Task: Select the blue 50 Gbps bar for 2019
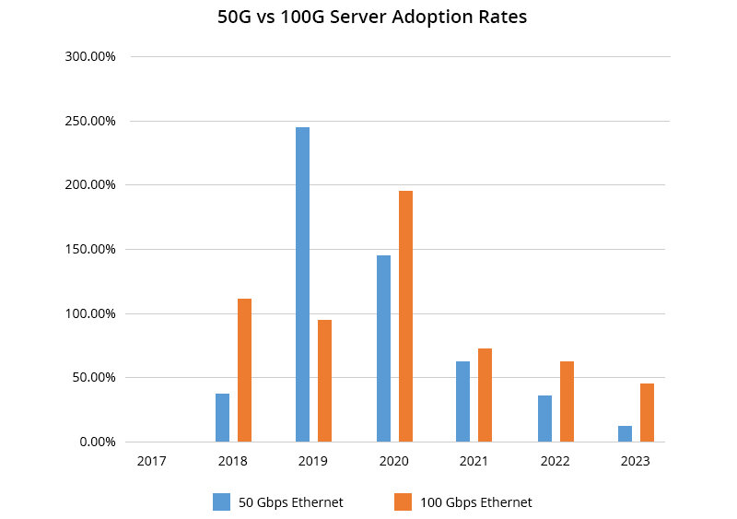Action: [302, 284]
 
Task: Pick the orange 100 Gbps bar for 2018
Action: [244, 370]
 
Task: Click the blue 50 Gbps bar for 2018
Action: [222, 418]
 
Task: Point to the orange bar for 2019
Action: [324, 381]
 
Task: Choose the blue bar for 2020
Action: [383, 348]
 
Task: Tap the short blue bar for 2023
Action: [625, 433]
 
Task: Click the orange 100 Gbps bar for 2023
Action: [647, 412]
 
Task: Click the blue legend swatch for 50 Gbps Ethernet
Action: [221, 501]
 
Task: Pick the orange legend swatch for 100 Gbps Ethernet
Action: [403, 501]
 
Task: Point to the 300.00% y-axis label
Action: [89, 56]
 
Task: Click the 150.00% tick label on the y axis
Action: [89, 249]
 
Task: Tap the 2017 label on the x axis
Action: [151, 461]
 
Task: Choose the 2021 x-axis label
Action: [474, 461]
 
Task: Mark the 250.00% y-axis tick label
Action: [89, 121]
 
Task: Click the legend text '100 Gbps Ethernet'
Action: [476, 502]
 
